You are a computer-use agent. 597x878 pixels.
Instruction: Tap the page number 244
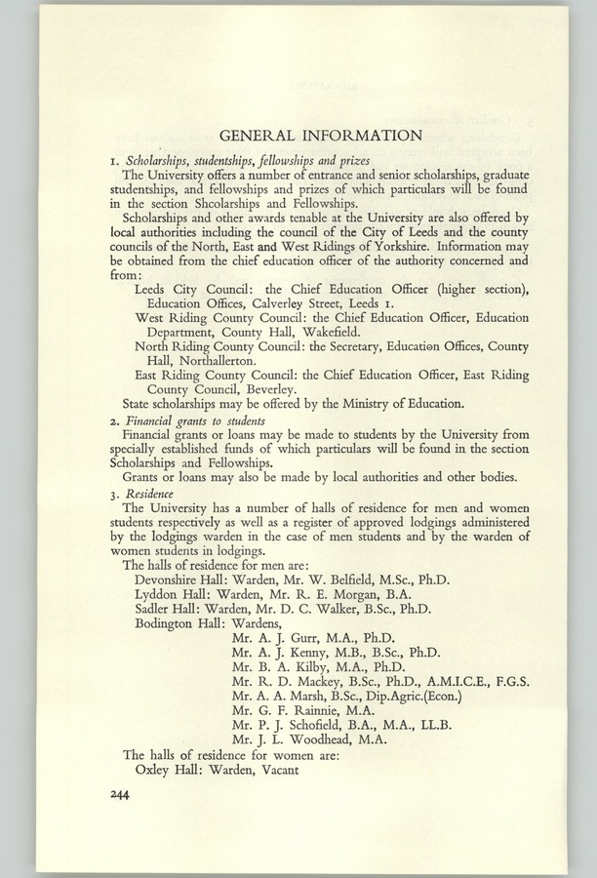(x=126, y=795)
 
